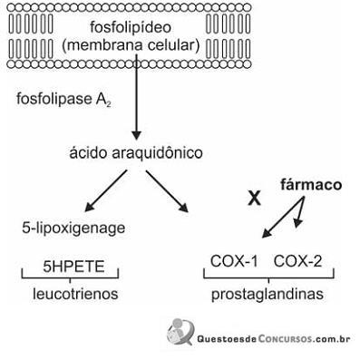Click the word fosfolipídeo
tap(131, 28)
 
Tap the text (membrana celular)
tap(131, 45)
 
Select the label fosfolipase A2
tap(63, 99)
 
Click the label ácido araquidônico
tap(136, 153)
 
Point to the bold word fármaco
tap(311, 185)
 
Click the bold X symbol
tap(254, 199)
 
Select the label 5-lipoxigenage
tap(73, 229)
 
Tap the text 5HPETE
tap(73, 267)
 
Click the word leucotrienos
tap(75, 294)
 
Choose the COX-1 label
tap(234, 261)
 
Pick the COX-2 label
tap(297, 261)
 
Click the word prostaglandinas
tap(268, 294)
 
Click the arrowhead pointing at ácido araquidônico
tap(136, 136)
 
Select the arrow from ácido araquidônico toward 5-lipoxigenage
tap(105, 190)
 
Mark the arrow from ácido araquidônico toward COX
tap(167, 191)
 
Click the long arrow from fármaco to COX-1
tap(283, 217)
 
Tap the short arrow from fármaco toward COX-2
tap(299, 212)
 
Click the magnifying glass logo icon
tap(180, 332)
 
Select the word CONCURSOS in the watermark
tap(285, 339)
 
